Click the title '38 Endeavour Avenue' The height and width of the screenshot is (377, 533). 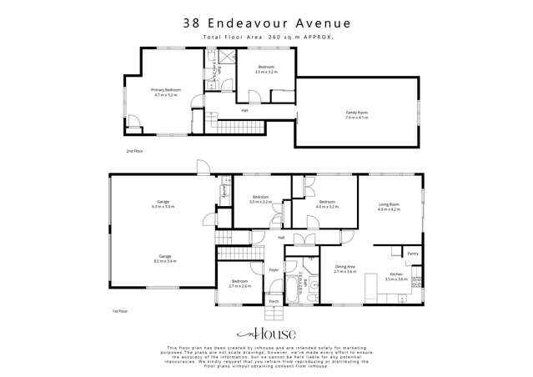266,25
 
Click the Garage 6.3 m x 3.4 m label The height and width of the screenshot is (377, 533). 163,204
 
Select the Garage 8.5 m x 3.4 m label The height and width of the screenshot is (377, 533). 163,259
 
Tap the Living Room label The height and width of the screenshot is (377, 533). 389,206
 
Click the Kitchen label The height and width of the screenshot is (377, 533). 395,276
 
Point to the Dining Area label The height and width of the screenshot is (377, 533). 345,269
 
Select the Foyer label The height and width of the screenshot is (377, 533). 274,269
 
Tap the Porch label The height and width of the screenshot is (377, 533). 274,302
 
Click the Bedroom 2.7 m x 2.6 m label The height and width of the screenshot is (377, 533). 240,283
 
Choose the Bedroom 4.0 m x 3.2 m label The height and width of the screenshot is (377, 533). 327,204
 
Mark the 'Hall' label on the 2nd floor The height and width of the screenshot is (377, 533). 244,110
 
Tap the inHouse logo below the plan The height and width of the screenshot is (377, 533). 266,334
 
